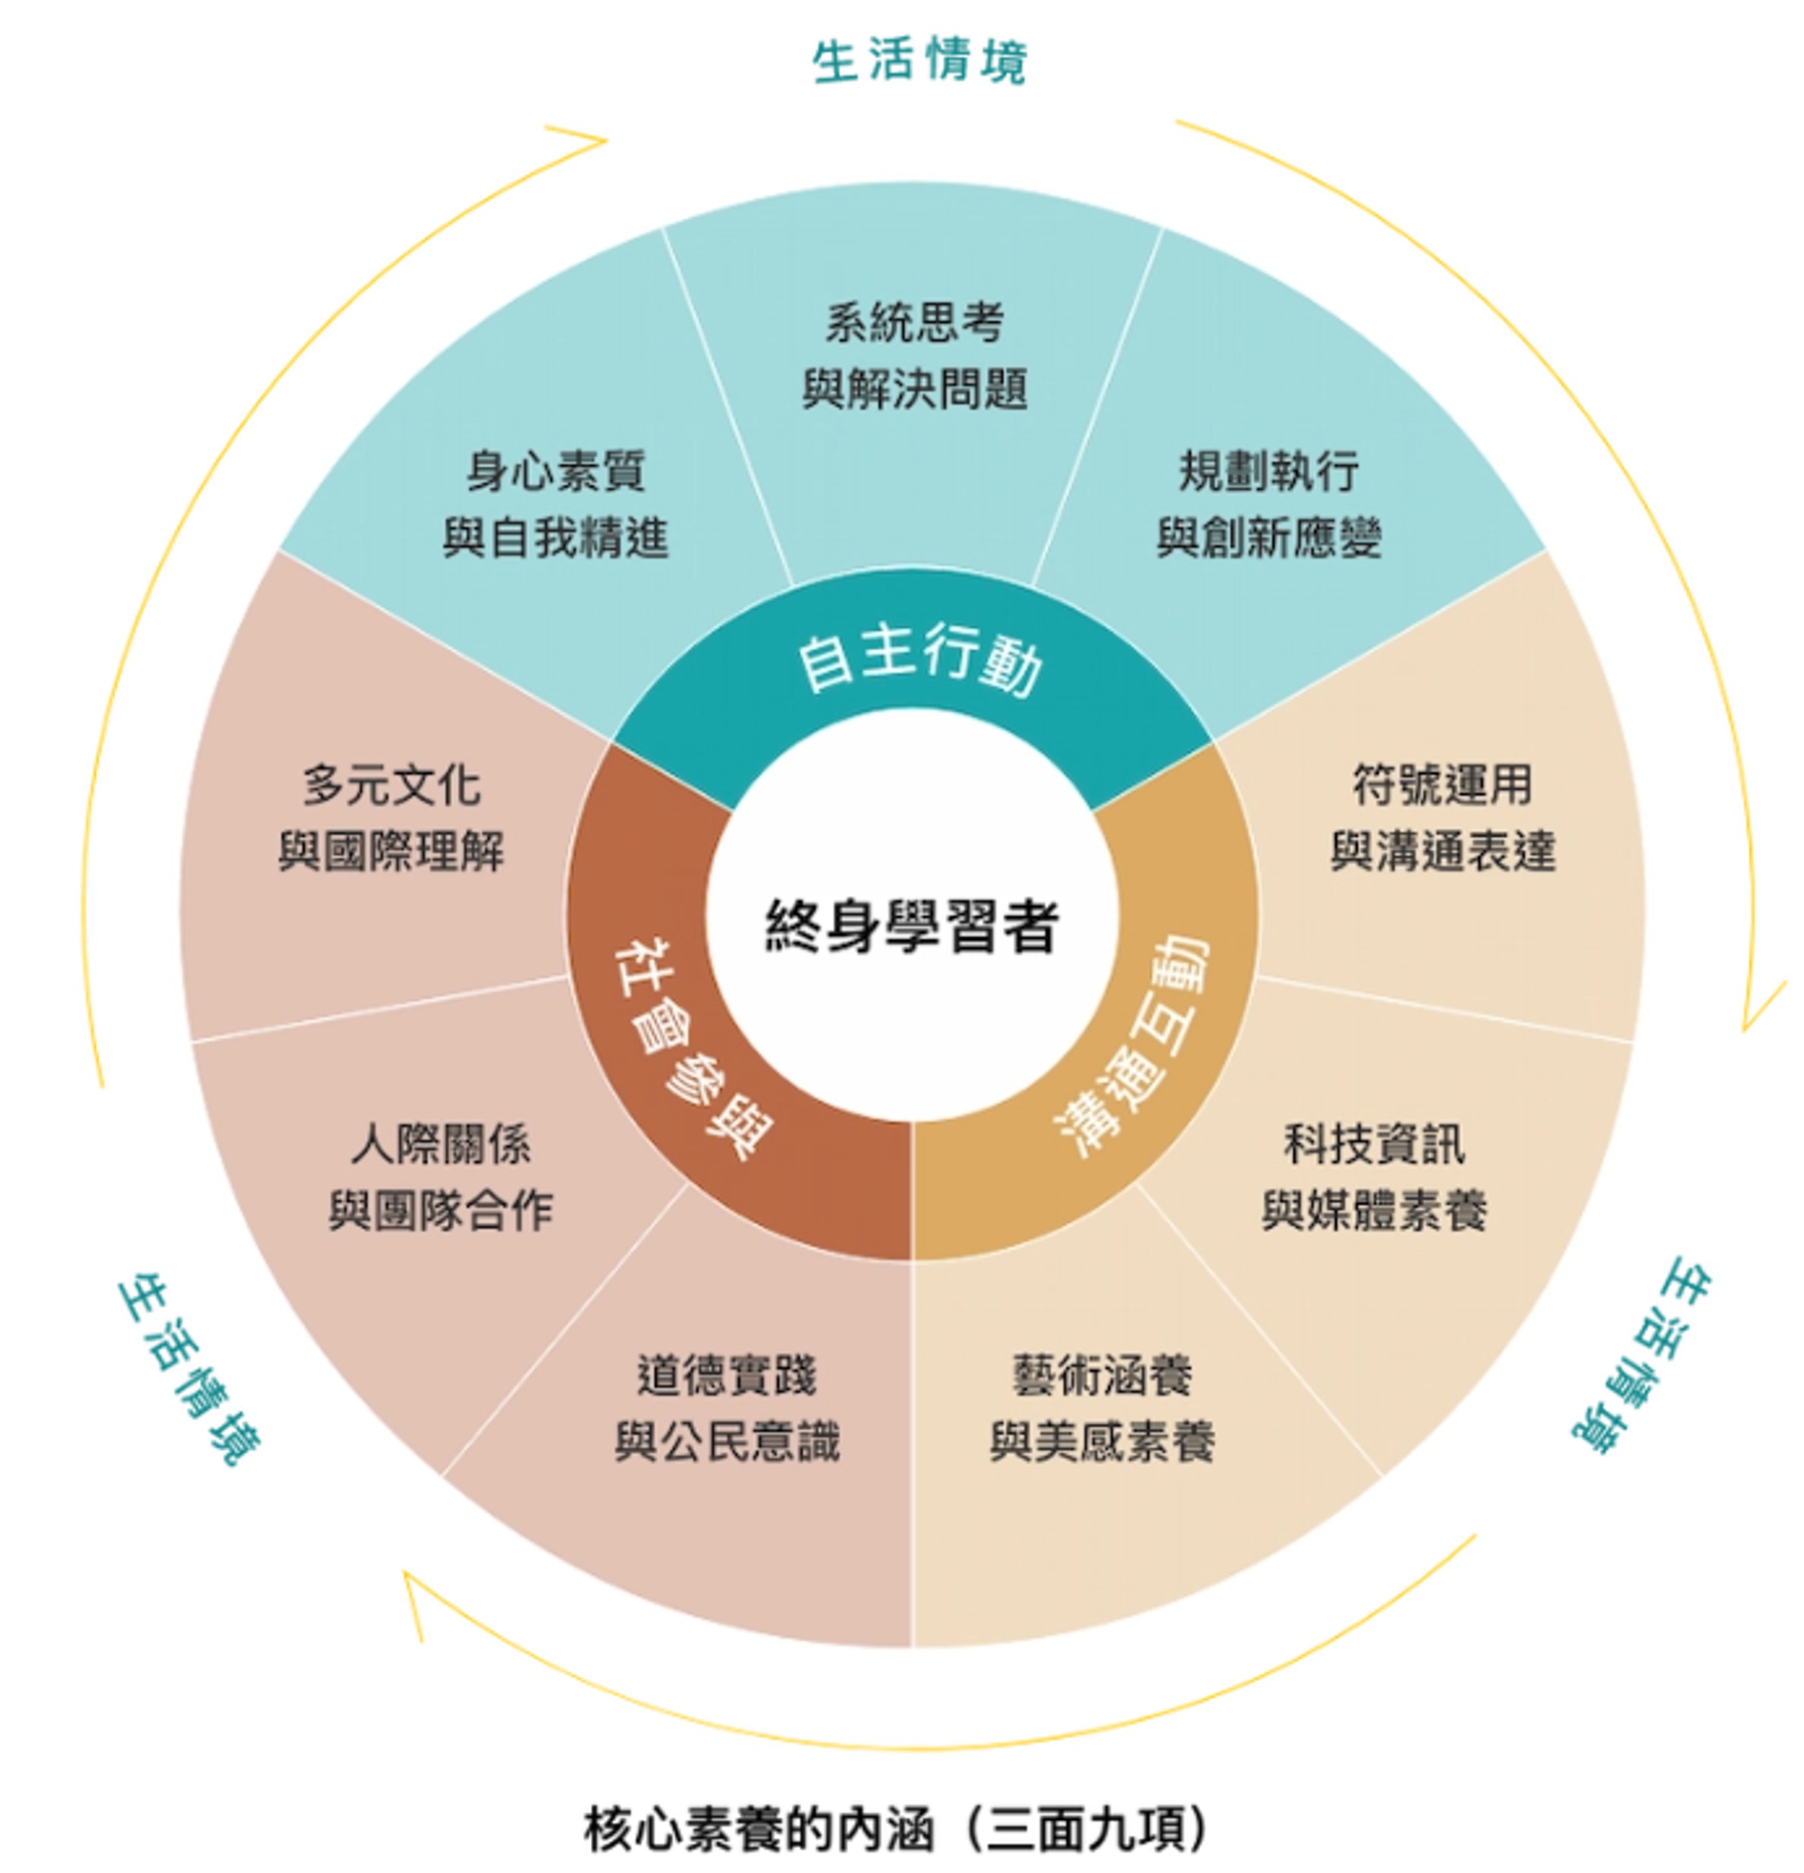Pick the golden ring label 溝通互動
1134,1045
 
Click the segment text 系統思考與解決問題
914,356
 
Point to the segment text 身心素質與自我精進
555,504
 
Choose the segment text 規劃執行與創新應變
1269,504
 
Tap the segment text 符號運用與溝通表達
1443,818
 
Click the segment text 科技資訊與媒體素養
1374,1177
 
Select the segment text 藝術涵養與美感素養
1102,1409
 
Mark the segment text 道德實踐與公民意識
728,1409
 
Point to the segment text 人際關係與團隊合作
441,1177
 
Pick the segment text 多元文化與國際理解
391,818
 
